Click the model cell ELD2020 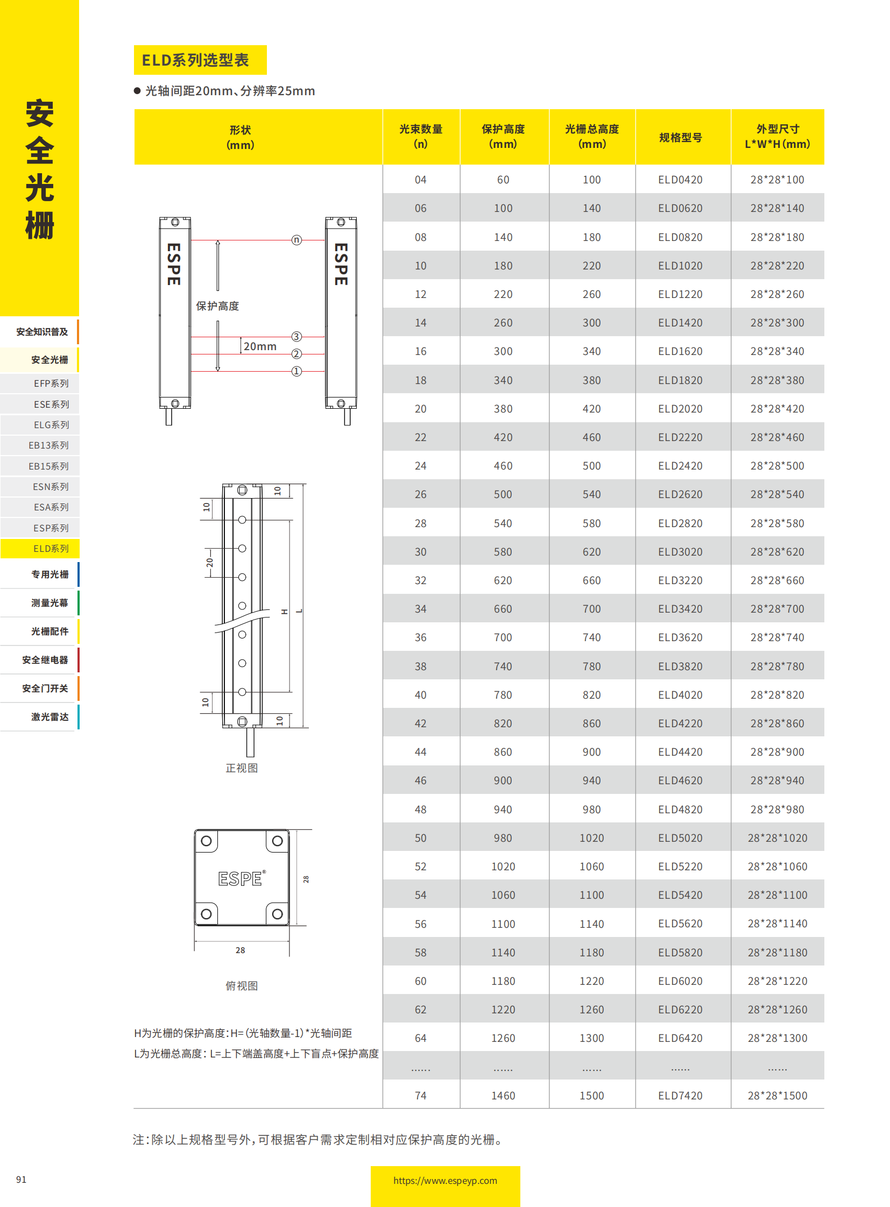point(680,409)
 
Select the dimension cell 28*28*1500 point(777,1096)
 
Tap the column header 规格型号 point(681,137)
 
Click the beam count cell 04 point(420,180)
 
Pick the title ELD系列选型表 point(195,60)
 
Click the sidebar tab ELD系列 point(51,548)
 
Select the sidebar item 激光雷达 point(50,717)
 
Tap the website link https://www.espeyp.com point(445,1181)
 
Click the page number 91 point(21,1180)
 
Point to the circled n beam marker point(296,240)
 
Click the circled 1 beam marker point(296,372)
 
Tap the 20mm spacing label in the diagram point(260,346)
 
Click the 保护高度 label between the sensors point(217,306)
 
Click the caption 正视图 point(242,768)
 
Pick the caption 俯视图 point(242,985)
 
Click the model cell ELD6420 point(680,1038)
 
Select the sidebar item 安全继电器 point(45,660)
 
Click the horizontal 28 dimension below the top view point(241,950)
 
